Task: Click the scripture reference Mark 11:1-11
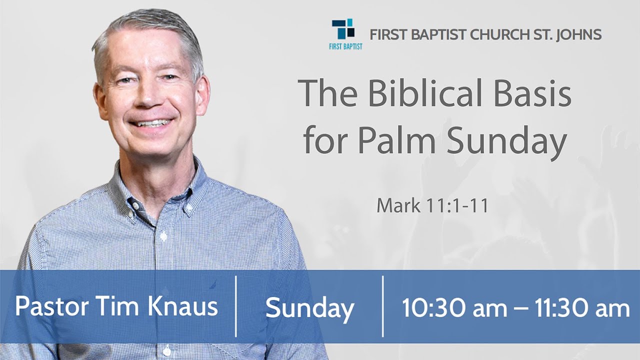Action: click(432, 205)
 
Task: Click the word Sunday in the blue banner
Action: click(309, 307)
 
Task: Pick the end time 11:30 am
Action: click(582, 307)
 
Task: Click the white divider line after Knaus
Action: click(236, 306)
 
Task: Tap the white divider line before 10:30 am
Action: click(383, 306)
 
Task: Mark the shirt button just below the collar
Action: click(161, 234)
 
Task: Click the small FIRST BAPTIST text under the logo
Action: click(346, 46)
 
